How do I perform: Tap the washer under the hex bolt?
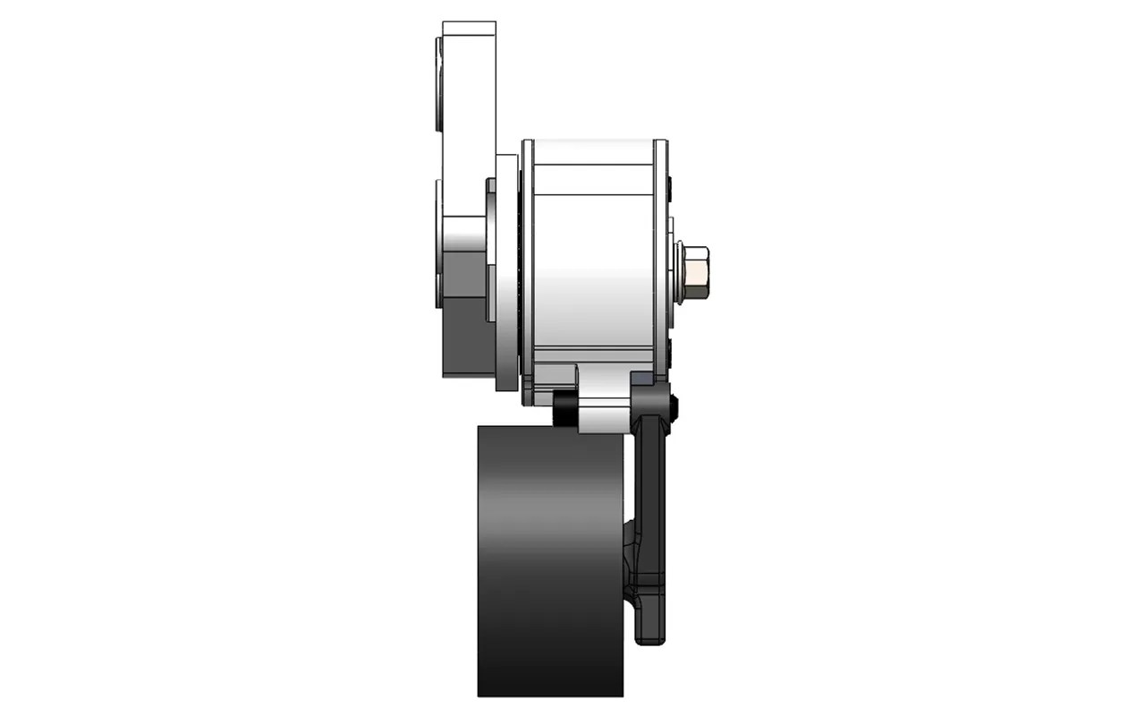[x=679, y=272]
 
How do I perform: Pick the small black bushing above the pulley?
[x=564, y=412]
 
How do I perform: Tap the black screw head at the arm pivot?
[x=673, y=407]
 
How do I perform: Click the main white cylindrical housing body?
[x=592, y=268]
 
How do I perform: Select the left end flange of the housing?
[x=528, y=268]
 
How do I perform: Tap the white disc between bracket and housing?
[x=507, y=268]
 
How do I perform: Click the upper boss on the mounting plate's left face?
[x=438, y=85]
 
